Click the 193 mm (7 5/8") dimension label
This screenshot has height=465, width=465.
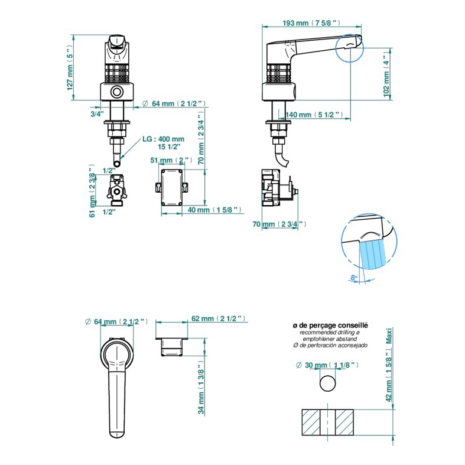[x=311, y=22]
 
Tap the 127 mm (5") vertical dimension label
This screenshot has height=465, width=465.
[x=70, y=68]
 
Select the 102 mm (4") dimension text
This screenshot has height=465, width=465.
[x=386, y=74]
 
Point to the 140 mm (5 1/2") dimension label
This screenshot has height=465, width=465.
[x=314, y=115]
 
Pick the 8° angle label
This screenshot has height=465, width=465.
[x=354, y=278]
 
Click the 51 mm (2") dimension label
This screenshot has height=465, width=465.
[x=171, y=160]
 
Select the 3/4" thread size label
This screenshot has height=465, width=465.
[x=97, y=114]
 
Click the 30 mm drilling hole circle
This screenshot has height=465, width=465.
[x=328, y=383]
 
